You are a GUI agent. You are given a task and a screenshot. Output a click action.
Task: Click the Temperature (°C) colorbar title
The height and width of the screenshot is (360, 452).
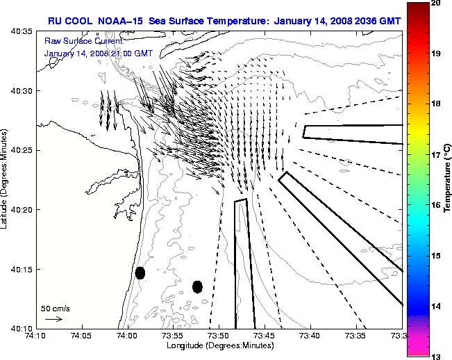(449, 180)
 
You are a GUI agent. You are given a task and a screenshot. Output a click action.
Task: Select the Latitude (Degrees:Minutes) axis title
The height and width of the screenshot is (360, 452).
(6, 179)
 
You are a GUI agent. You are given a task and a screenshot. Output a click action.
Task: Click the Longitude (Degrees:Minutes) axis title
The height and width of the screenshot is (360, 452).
(218, 345)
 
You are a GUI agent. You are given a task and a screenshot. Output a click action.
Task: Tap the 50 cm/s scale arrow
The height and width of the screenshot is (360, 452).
(53, 319)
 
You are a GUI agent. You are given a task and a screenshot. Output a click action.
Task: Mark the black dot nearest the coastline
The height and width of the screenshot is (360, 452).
(140, 272)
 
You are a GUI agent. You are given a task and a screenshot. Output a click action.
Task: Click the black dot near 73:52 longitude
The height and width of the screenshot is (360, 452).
(197, 286)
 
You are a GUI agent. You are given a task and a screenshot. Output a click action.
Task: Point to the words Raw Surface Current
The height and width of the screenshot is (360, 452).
(75, 42)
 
